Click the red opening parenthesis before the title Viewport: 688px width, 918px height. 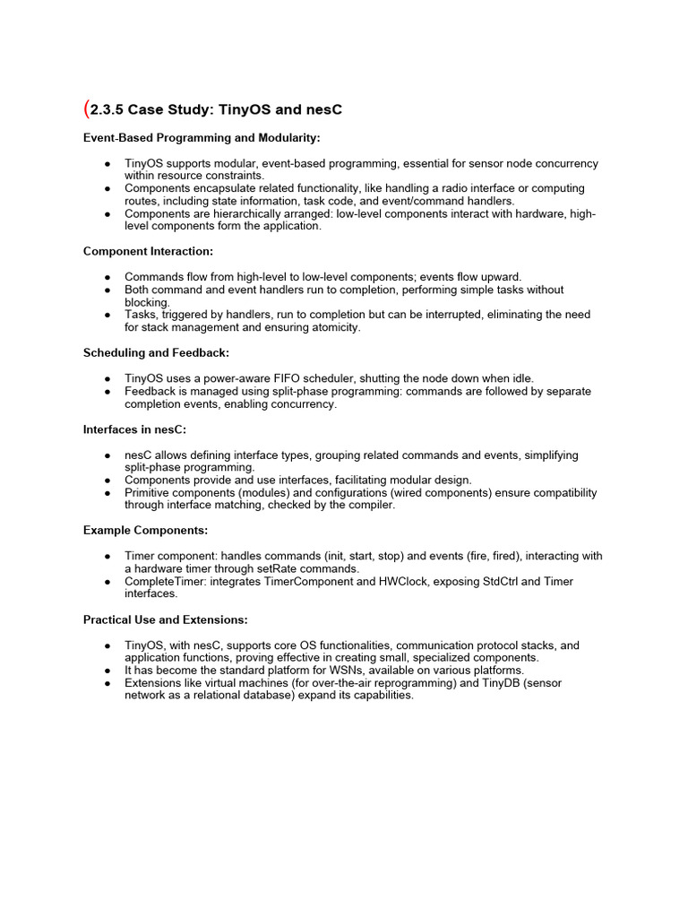click(86, 109)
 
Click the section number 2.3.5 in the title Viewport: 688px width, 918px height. click(107, 110)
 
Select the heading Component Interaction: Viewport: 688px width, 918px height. click(148, 252)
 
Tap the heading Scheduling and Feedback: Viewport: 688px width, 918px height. click(156, 353)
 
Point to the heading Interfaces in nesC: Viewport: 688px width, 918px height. click(134, 429)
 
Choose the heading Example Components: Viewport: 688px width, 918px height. click(145, 531)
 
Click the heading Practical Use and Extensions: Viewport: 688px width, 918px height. click(165, 619)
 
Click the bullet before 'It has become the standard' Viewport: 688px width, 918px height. click(107, 671)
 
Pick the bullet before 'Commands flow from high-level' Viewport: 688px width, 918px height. click(107, 277)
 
